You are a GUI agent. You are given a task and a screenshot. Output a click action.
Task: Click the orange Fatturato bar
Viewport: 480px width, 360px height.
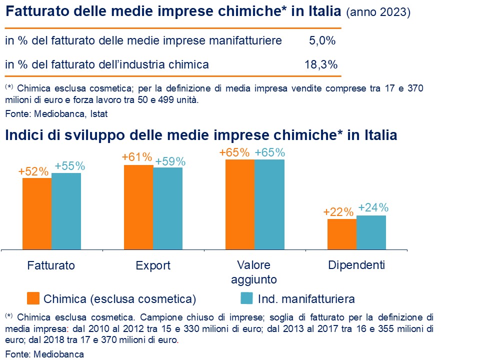(x=37, y=213)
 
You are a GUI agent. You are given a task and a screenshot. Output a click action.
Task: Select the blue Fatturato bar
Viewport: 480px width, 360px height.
(x=66, y=210)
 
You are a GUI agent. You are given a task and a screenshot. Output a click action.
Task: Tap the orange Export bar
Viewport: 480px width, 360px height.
(x=138, y=206)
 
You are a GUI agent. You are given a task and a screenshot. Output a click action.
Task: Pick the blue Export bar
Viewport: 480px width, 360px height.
(x=168, y=208)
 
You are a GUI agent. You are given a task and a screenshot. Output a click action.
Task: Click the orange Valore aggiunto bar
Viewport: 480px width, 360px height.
(x=240, y=204)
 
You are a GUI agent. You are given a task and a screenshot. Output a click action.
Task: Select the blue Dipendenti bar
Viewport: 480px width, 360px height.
(x=371, y=232)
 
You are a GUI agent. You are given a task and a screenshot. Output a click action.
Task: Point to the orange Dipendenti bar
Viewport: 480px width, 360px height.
(x=342, y=233)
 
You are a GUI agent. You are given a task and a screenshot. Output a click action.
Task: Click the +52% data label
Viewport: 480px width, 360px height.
(x=33, y=171)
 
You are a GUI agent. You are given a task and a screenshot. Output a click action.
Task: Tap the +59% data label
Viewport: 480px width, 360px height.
(x=170, y=161)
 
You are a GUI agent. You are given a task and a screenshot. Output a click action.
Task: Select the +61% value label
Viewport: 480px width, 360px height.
(x=136, y=157)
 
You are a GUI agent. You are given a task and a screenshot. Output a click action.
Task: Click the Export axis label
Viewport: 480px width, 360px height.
(x=153, y=265)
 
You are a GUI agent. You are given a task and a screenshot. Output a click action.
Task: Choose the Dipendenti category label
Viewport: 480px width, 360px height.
(x=356, y=265)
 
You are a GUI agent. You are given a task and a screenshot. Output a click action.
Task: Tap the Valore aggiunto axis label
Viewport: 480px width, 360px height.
(x=254, y=271)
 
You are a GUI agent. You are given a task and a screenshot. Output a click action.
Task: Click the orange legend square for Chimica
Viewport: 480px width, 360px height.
(x=33, y=298)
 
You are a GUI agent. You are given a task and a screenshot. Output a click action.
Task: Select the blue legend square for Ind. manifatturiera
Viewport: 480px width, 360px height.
(x=246, y=298)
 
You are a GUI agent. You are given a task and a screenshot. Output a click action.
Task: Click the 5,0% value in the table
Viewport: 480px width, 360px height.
(x=322, y=41)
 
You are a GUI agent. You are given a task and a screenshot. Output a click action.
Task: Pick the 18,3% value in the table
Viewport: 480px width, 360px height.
(x=320, y=64)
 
